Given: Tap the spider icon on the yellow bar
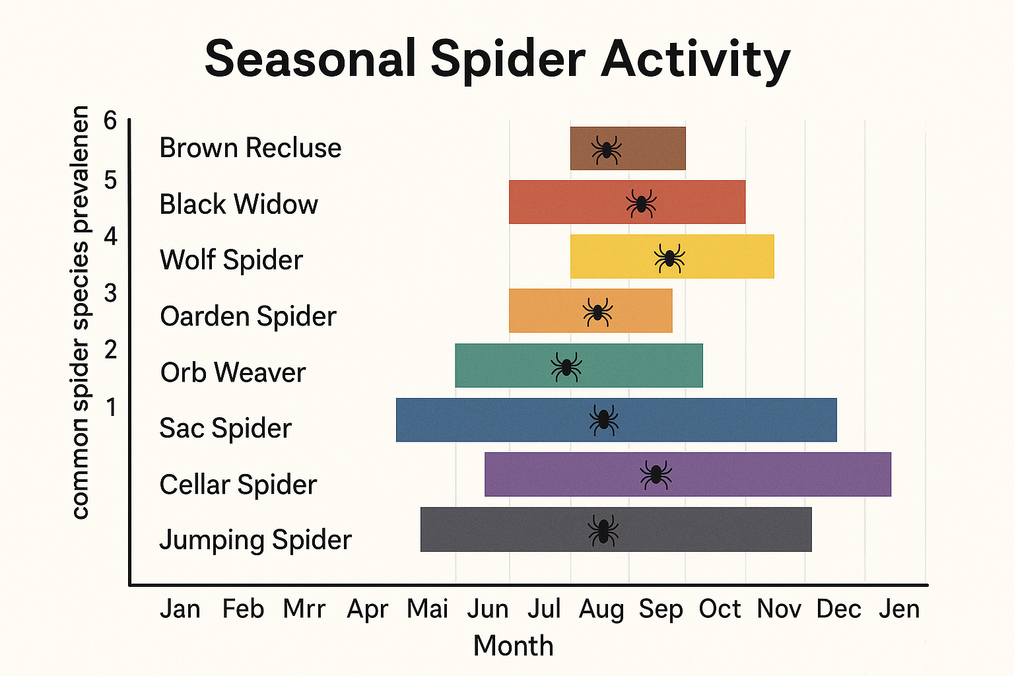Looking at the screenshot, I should click(x=669, y=258).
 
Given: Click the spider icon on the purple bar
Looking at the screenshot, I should click(x=656, y=475).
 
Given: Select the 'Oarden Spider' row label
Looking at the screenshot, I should click(x=248, y=316).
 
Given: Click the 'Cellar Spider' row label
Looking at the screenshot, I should click(x=238, y=485).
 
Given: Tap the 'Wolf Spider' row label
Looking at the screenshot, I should click(x=231, y=260).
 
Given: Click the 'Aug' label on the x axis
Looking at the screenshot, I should click(x=601, y=609).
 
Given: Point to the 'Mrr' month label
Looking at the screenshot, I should click(x=304, y=609).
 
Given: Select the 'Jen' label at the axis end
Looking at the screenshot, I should click(x=898, y=609).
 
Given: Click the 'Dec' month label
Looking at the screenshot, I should click(x=838, y=609).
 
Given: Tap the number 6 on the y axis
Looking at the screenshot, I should click(x=110, y=121).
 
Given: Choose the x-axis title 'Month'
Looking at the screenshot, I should click(x=513, y=646).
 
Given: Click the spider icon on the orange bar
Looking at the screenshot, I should click(x=597, y=312).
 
